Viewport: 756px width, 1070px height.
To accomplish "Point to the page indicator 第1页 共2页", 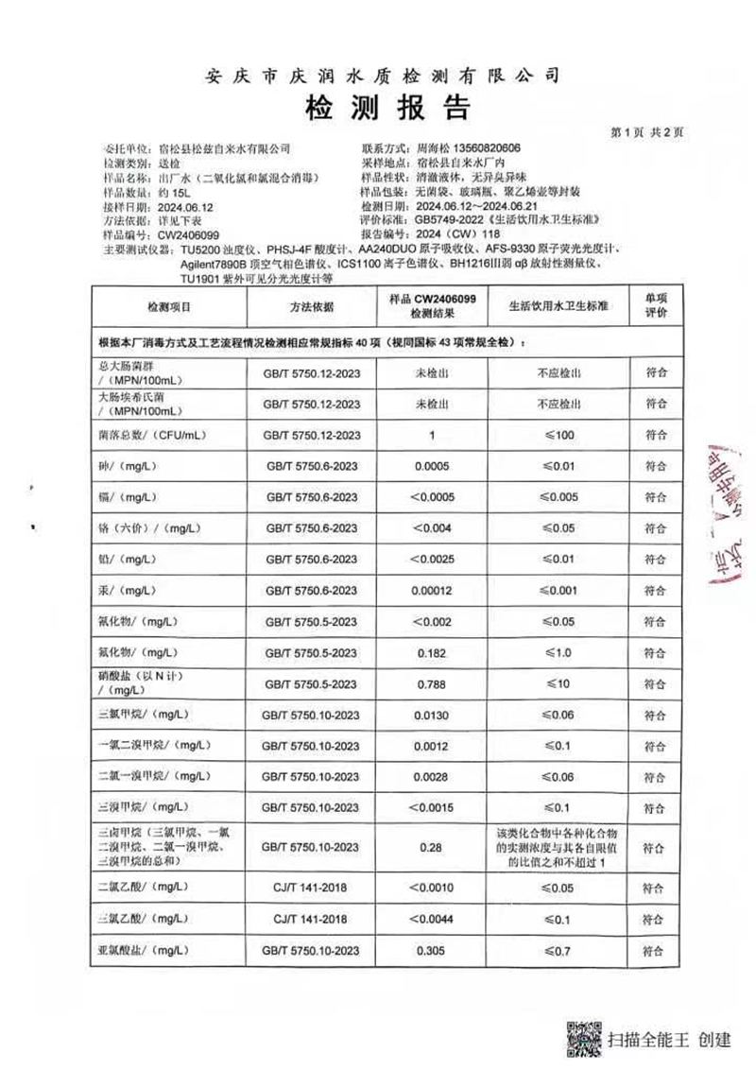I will coord(647,131).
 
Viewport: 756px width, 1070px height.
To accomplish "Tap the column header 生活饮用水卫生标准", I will coord(557,308).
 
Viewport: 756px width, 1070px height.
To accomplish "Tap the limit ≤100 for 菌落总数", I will coord(557,435).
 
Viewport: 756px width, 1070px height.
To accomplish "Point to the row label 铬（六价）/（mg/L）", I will coord(146,527).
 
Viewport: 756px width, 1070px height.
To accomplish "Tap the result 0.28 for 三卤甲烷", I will coord(432,849).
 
